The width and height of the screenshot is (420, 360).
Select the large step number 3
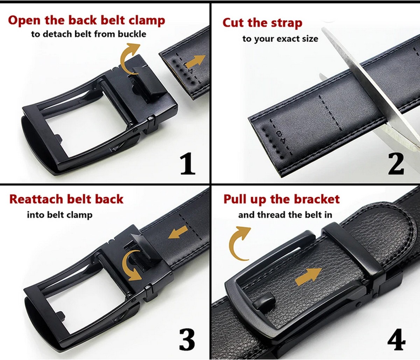187,339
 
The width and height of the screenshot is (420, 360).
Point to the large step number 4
397,339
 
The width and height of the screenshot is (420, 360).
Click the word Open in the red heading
24,21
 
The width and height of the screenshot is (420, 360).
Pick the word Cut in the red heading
234,22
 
